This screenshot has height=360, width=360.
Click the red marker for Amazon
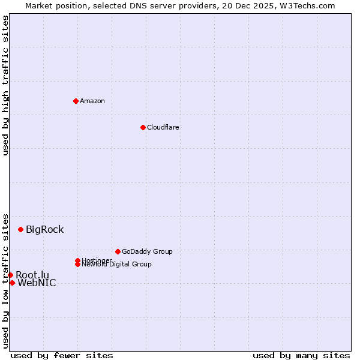[76, 101]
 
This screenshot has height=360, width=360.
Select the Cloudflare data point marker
[143, 127]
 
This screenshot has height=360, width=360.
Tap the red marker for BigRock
[20, 229]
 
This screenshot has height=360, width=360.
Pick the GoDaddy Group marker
[118, 251]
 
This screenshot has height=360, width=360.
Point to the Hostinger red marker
[77, 260]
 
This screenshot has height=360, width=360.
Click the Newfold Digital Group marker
[78, 264]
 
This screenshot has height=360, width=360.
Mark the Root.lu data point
[10, 275]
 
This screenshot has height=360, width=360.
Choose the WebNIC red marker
[12, 283]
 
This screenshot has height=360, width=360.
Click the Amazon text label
[92, 101]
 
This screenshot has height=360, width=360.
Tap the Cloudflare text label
[163, 127]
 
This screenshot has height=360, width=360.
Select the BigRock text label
[44, 229]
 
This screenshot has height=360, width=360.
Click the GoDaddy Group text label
[147, 251]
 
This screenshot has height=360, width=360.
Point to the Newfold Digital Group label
[117, 265]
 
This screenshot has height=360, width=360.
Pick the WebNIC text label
[37, 283]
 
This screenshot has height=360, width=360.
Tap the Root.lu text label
[32, 275]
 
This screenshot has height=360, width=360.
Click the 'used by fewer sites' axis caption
[62, 355]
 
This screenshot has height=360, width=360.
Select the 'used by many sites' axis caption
[301, 355]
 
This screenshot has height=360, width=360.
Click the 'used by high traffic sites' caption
[5, 85]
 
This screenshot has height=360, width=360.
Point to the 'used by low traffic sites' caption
[5, 281]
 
